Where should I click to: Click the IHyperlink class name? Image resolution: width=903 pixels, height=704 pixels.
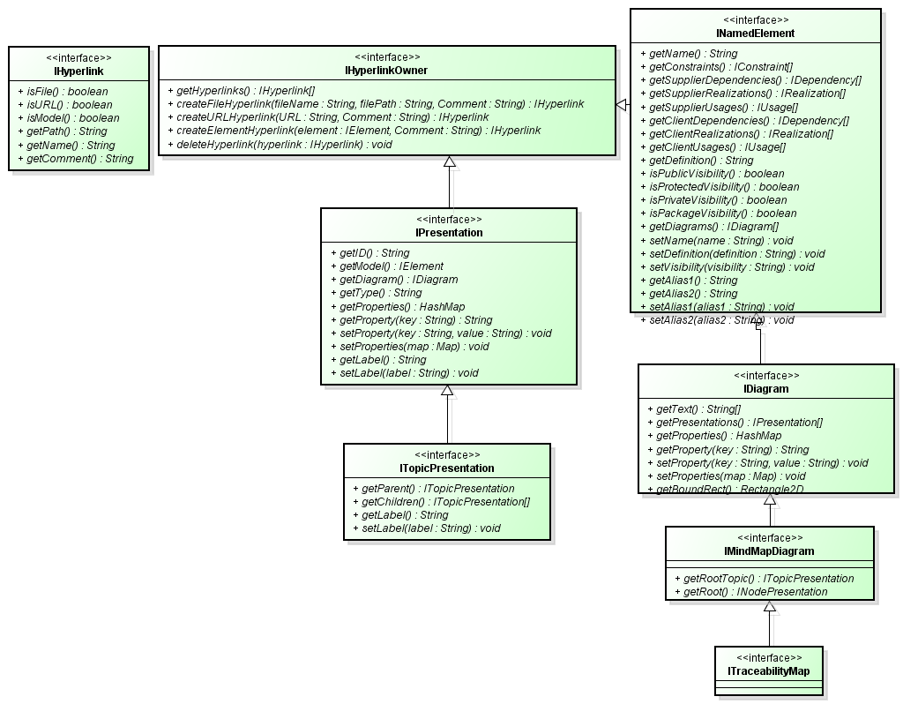(x=78, y=70)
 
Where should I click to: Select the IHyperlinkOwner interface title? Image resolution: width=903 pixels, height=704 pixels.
(x=386, y=70)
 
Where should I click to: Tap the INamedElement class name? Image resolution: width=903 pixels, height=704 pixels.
(x=756, y=34)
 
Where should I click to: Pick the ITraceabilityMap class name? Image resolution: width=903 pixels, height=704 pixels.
(x=768, y=671)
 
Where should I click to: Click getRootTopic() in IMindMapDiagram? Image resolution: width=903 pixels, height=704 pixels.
(x=763, y=579)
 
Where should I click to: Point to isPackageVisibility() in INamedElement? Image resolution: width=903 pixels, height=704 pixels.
(x=722, y=213)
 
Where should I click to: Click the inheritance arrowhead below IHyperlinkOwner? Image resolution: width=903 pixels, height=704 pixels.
(x=449, y=162)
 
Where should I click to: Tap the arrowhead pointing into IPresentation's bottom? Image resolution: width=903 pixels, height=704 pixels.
(x=447, y=391)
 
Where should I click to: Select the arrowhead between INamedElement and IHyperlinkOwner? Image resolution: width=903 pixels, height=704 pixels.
(x=622, y=105)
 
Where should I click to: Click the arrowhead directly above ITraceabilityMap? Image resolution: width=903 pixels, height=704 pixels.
(x=770, y=607)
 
